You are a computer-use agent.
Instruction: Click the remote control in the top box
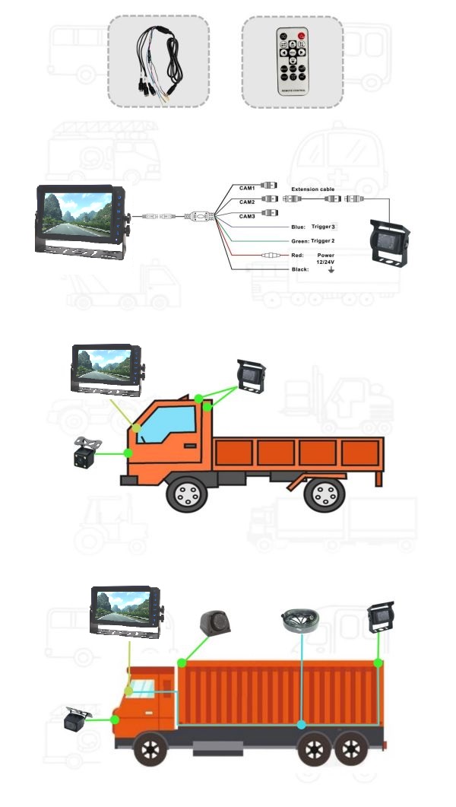pos(292,62)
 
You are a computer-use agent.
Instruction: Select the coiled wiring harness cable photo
pos(157,61)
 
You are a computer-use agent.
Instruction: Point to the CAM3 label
pos(247,216)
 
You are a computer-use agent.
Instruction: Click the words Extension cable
pos(312,189)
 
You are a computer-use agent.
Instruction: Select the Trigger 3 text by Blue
pos(323,227)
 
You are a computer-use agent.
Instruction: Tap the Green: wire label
pos(299,241)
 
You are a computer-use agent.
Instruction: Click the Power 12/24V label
pos(325,259)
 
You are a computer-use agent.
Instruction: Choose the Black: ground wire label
pos(300,270)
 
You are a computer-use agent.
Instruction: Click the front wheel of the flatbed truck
pos(185,494)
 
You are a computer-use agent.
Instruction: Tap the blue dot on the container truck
pos(302,724)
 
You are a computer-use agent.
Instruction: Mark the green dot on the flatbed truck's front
pos(128,453)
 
